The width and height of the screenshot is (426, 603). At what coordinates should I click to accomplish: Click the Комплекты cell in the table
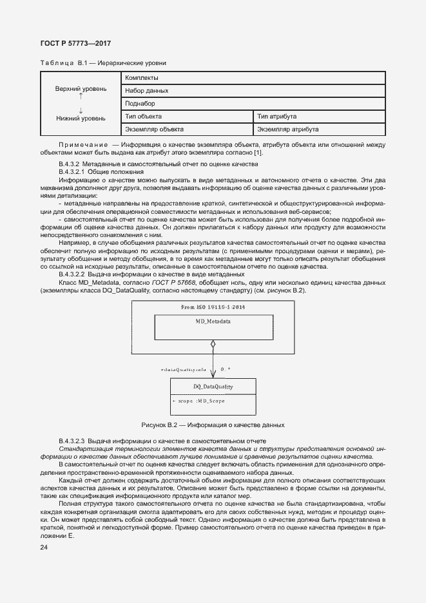click(142, 78)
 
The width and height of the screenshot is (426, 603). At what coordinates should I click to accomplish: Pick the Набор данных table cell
click(147, 91)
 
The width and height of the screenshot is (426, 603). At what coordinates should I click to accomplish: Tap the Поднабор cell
click(140, 103)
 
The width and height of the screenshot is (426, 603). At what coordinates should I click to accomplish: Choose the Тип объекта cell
click(144, 116)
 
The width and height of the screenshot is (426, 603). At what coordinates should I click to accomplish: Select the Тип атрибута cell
click(276, 116)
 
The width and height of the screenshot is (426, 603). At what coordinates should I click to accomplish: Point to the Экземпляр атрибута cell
click(287, 129)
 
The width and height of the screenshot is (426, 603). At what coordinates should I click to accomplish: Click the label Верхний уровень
click(81, 88)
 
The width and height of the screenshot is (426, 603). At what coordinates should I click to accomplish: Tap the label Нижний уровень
click(81, 119)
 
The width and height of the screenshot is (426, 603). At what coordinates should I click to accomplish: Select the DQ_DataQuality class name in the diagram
click(213, 387)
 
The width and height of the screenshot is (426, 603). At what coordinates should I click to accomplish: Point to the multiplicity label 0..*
click(226, 369)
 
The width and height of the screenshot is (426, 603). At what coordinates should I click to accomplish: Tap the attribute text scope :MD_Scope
click(198, 401)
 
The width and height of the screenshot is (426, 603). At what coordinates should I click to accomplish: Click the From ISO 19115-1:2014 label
click(213, 307)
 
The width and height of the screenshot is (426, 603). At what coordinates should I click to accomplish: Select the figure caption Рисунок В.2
click(213, 425)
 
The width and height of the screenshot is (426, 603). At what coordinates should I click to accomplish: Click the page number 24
click(44, 548)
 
